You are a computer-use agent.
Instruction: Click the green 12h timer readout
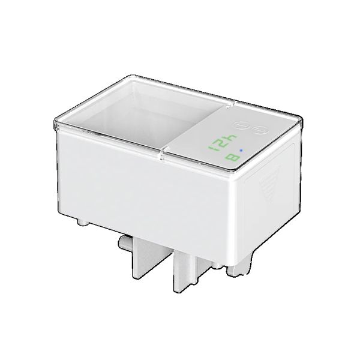tap(222, 143)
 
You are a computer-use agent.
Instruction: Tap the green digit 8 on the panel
tap(232, 158)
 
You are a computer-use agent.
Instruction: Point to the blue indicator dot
tap(241, 151)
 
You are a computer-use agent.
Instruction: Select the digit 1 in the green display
tap(212, 148)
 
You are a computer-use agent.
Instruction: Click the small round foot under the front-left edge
tap(82, 222)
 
